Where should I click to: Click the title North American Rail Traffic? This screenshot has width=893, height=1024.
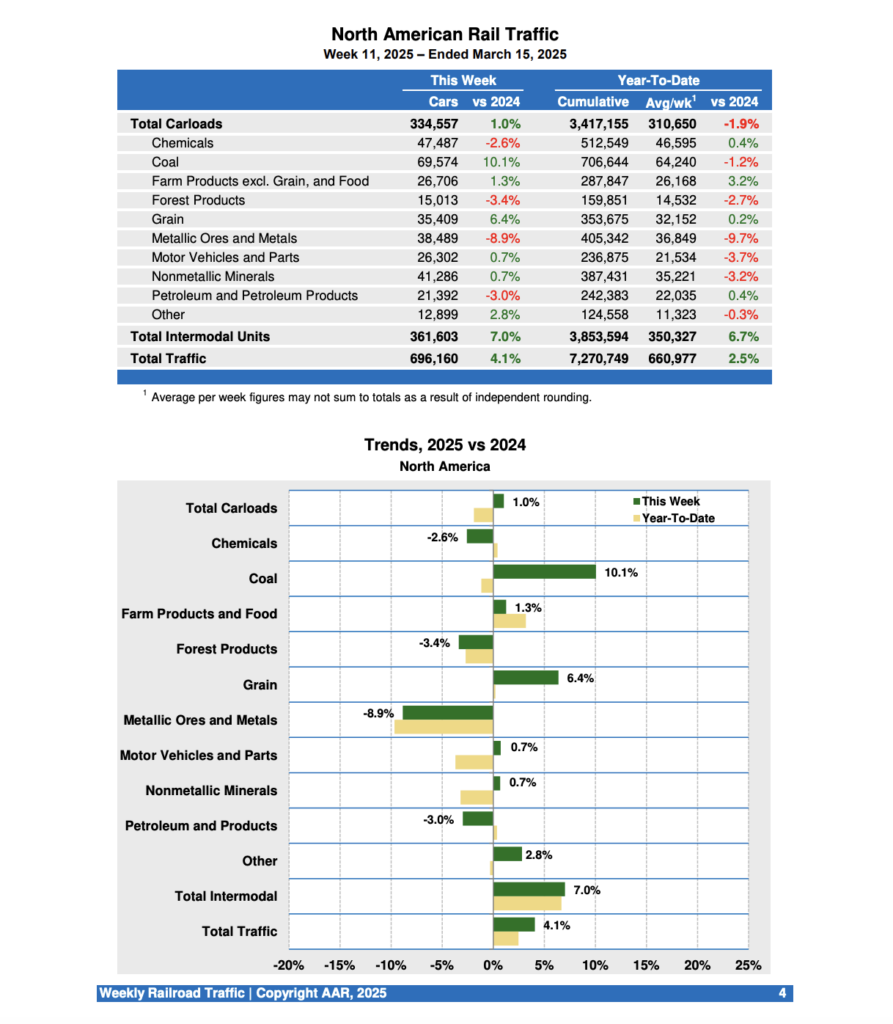444,35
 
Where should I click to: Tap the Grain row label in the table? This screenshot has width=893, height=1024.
167,219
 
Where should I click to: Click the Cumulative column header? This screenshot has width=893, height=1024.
592,101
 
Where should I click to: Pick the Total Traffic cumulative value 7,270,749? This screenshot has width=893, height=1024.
593,358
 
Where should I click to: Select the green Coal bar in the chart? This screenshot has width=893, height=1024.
544,572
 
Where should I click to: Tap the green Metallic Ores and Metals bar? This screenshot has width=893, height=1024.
448,713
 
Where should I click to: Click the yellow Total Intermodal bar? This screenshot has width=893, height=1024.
527,904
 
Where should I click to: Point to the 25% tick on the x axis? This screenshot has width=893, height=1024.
748,966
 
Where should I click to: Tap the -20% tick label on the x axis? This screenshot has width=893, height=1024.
289,966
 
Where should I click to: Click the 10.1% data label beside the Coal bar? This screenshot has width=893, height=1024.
620,573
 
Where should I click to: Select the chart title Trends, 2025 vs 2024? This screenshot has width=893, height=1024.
444,445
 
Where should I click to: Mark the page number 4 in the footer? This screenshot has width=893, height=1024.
782,993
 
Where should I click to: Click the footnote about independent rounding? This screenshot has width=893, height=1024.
370,398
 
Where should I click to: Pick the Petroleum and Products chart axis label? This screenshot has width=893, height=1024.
200,826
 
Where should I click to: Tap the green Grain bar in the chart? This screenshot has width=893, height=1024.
525,678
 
